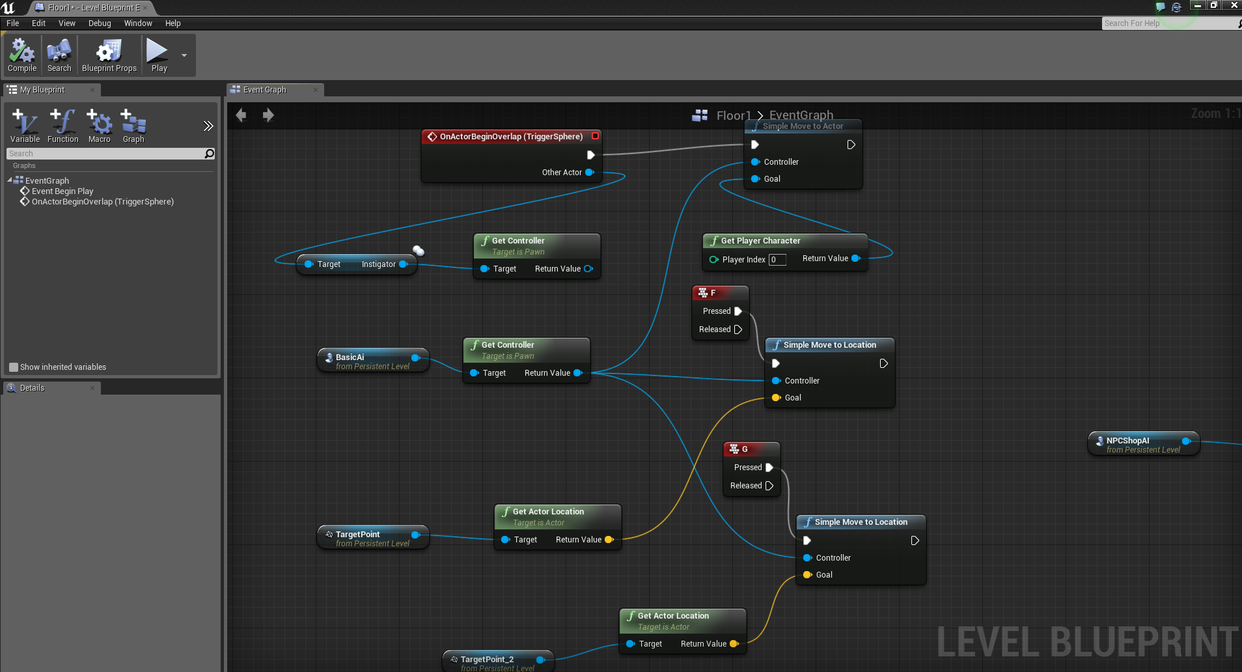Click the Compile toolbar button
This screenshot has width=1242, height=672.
pyautogui.click(x=22, y=55)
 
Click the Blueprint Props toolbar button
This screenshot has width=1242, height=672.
pyautogui.click(x=109, y=55)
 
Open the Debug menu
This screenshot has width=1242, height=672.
pyautogui.click(x=100, y=23)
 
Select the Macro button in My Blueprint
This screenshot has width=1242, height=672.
pyautogui.click(x=99, y=126)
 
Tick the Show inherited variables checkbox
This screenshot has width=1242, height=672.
pyautogui.click(x=14, y=367)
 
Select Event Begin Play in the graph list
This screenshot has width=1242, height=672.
pyautogui.click(x=62, y=191)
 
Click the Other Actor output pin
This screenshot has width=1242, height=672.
pyautogui.click(x=589, y=173)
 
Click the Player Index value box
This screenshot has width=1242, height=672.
pyautogui.click(x=777, y=260)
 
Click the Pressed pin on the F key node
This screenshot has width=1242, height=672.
pyautogui.click(x=738, y=311)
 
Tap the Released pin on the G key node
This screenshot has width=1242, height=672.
pyautogui.click(x=769, y=486)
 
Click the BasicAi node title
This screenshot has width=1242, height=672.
pyautogui.click(x=350, y=357)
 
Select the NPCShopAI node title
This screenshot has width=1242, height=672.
pyautogui.click(x=1127, y=441)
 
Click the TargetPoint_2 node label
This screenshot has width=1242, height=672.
pyautogui.click(x=487, y=659)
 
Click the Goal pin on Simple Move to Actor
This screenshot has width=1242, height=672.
pyautogui.click(x=755, y=179)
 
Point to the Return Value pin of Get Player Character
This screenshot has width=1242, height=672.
pyautogui.click(x=855, y=259)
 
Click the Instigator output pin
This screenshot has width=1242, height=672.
pyautogui.click(x=403, y=264)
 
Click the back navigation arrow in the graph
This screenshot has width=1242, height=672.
pyautogui.click(x=241, y=115)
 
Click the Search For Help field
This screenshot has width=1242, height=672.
pyautogui.click(x=1168, y=23)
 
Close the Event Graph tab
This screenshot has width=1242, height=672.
pyautogui.click(x=316, y=90)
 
